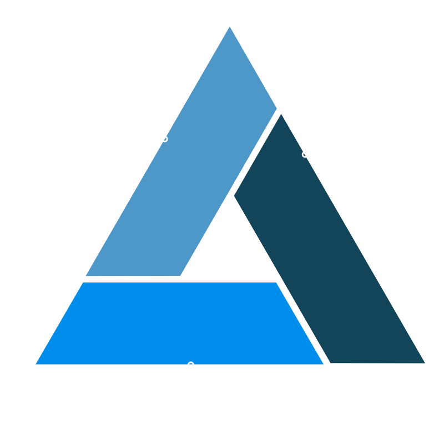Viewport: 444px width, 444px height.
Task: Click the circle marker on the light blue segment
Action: [x=164, y=139]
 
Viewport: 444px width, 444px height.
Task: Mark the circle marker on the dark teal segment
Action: [x=305, y=154]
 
